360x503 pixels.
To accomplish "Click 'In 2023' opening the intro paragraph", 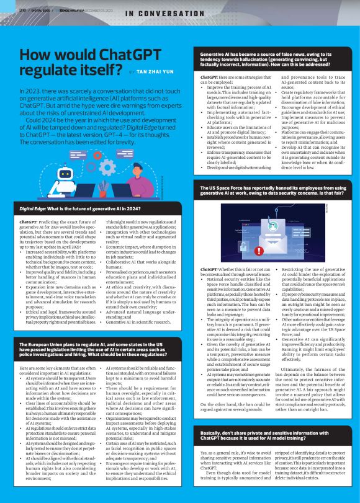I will (29, 91).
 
